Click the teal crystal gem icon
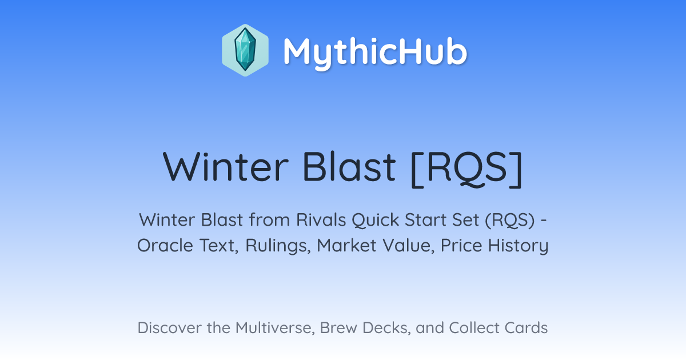point(245,50)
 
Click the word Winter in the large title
point(226,167)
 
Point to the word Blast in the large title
point(349,166)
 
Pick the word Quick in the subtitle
point(376,220)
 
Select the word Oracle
point(165,246)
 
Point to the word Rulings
point(278,246)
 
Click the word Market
point(346,246)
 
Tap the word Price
point(461,246)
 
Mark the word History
point(518,246)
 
